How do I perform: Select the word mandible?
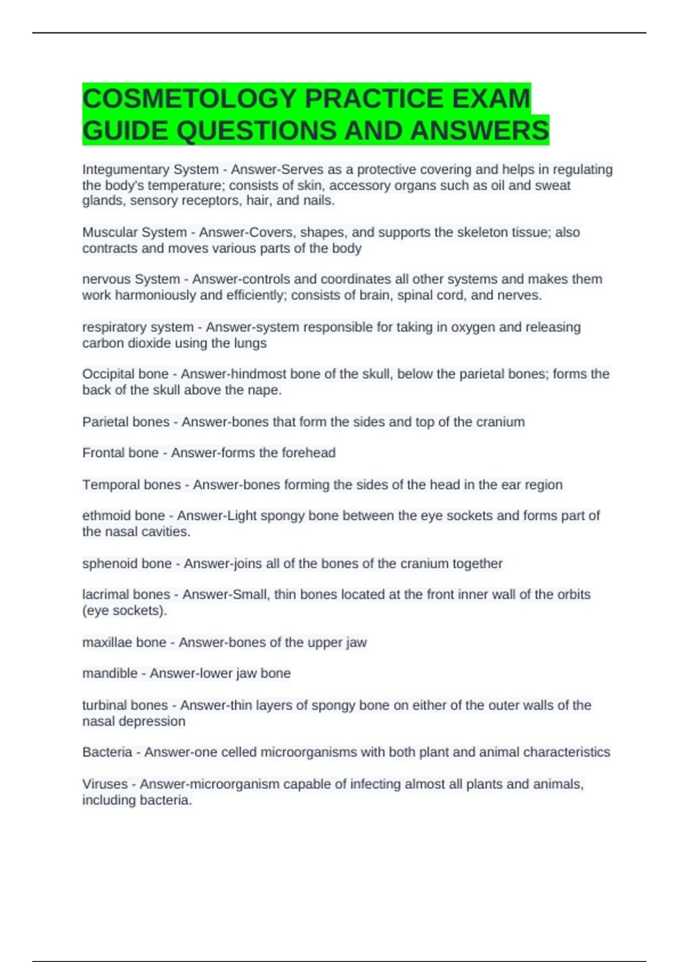click(x=110, y=673)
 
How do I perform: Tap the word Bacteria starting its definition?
click(x=107, y=752)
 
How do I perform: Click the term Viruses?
click(x=105, y=784)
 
